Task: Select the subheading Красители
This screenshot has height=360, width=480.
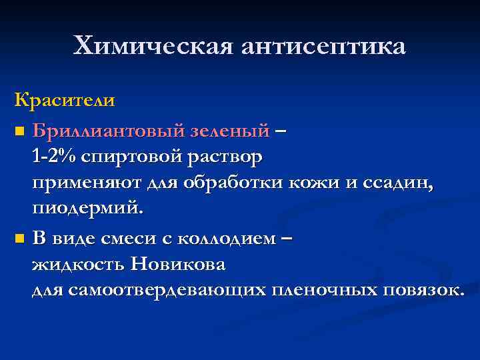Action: click(65, 101)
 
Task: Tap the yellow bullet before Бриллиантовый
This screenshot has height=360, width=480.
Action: click(19, 130)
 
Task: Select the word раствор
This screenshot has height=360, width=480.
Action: click(226, 158)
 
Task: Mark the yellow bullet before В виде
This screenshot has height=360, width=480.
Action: click(19, 238)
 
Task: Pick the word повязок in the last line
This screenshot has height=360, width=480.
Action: click(421, 291)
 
